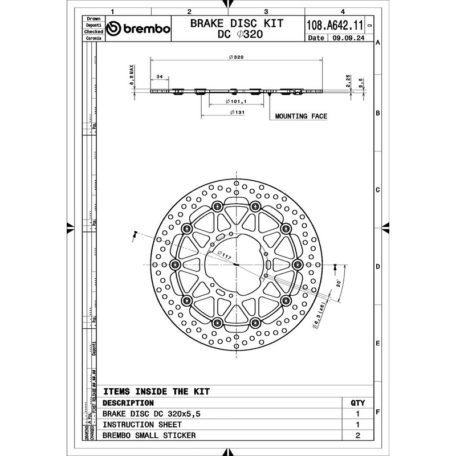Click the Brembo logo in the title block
[x=139, y=29]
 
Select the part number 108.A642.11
[x=335, y=26]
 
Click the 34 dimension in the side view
[x=160, y=76]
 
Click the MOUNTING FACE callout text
[x=301, y=116]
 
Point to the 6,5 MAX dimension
[x=132, y=75]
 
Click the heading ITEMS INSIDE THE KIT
[x=156, y=392]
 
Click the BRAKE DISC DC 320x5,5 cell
[x=153, y=414]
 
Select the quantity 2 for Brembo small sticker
[x=357, y=435]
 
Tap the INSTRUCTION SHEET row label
[x=142, y=425]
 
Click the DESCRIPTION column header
[x=128, y=403]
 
